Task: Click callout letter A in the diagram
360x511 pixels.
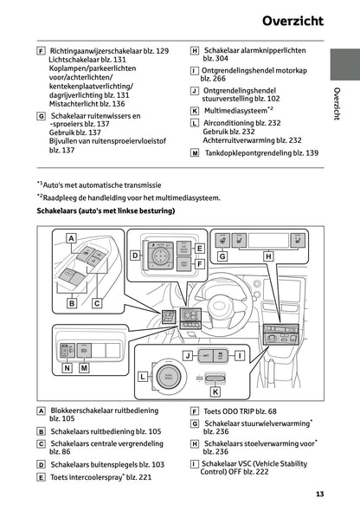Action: click(71, 237)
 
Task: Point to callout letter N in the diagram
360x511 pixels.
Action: click(67, 367)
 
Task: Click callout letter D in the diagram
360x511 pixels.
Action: click(135, 255)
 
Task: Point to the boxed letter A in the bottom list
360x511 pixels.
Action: click(42, 411)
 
